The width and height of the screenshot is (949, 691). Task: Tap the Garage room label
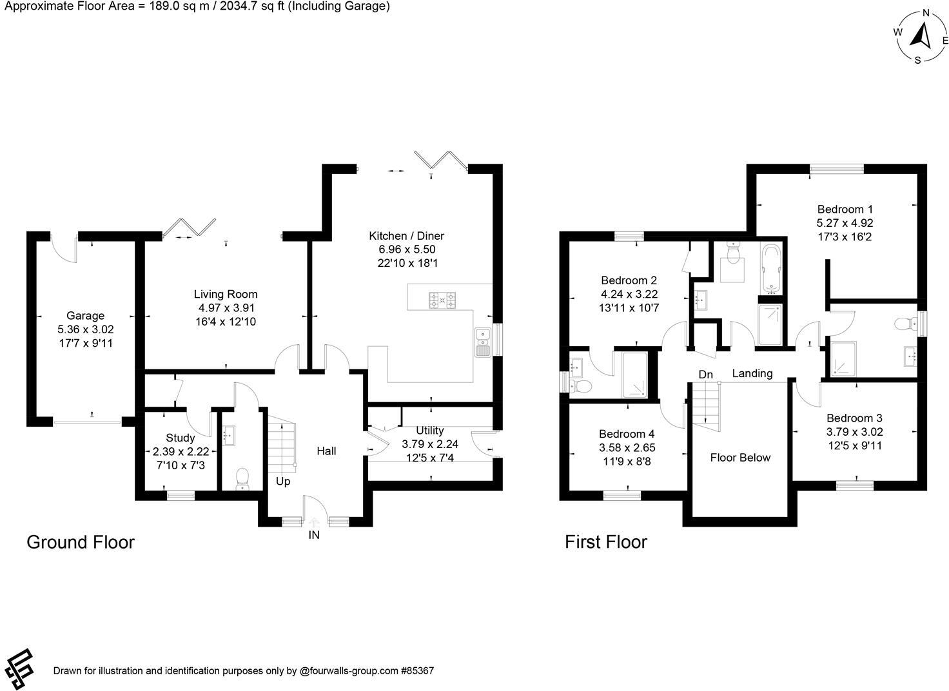click(85, 316)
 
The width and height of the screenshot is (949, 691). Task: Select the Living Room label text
click(226, 294)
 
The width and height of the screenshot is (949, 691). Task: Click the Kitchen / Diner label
click(406, 236)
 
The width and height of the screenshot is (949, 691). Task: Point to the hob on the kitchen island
click(442, 298)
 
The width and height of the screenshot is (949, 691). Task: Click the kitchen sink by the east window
click(482, 342)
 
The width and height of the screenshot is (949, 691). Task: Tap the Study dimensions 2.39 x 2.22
click(181, 451)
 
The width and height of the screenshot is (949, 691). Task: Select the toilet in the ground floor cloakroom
click(242, 478)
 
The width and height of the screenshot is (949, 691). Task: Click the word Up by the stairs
click(283, 482)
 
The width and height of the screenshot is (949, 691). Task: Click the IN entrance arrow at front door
click(314, 523)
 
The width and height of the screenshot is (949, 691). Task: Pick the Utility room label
click(429, 431)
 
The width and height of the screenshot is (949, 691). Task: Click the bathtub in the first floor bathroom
click(771, 268)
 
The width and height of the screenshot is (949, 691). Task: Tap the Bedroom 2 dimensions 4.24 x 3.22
click(629, 294)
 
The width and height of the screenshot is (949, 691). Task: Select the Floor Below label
click(740, 458)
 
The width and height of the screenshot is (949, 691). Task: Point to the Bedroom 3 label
click(854, 418)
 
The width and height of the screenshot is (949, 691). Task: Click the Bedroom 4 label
click(626, 434)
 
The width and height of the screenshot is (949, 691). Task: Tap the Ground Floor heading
click(81, 542)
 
